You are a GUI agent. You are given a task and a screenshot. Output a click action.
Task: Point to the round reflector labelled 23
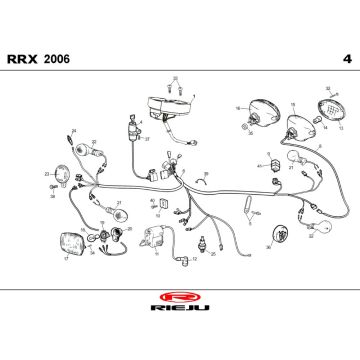[x=61, y=175]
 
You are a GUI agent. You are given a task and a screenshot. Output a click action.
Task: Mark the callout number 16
[x=237, y=107]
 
